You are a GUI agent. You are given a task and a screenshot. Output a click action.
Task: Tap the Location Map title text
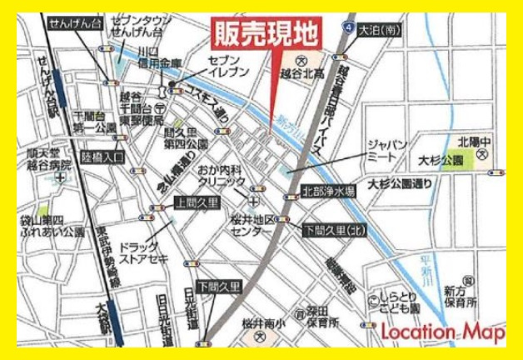click(441, 332)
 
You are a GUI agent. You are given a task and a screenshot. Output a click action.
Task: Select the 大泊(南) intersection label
click(381, 30)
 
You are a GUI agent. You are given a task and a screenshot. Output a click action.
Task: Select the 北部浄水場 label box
click(328, 192)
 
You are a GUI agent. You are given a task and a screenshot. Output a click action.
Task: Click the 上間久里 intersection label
click(196, 202)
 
